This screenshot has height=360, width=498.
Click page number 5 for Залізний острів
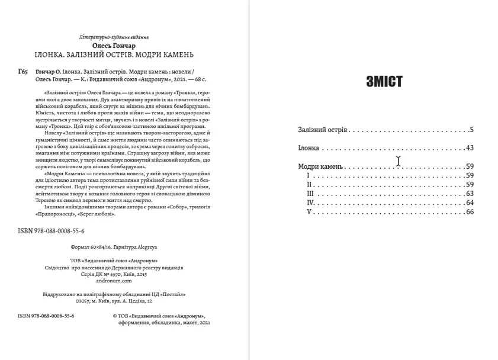tap(472, 129)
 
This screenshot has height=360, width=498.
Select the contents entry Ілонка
tap(309, 148)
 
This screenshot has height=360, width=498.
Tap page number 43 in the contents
tap(470, 148)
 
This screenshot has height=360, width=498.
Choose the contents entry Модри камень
tap(320, 167)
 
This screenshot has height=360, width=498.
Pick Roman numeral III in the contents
tap(310, 194)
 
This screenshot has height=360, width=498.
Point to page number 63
tap(470, 194)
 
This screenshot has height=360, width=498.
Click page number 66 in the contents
tap(470, 212)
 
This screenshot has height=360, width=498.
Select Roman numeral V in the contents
tap(309, 212)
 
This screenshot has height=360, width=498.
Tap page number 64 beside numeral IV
tap(470, 203)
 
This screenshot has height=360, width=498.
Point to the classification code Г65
tap(23, 72)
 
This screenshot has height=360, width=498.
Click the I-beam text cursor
tap(399, 160)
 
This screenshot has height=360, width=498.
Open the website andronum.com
tap(114, 282)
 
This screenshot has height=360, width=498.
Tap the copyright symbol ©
tap(114, 317)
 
